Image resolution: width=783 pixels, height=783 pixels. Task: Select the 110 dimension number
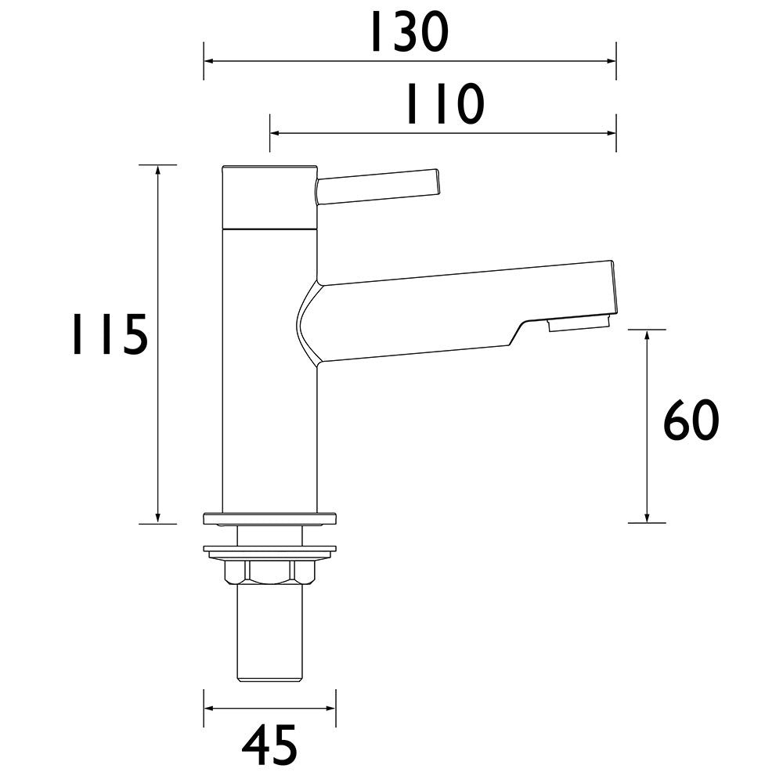(x=444, y=106)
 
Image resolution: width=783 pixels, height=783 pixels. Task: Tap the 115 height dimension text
(x=109, y=335)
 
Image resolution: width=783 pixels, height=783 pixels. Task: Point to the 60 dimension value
(x=691, y=422)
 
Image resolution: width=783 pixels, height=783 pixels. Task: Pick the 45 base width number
(x=269, y=745)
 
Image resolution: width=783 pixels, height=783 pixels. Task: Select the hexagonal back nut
(x=269, y=572)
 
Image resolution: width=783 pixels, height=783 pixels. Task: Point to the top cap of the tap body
(x=269, y=197)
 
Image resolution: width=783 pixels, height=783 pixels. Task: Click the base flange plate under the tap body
(x=269, y=518)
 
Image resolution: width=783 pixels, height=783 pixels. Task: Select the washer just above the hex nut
(x=269, y=550)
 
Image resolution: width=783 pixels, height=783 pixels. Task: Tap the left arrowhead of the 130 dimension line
(x=209, y=60)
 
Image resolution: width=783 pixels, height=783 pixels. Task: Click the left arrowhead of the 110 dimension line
(x=276, y=133)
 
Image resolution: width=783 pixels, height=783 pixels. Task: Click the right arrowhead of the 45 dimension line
(x=330, y=709)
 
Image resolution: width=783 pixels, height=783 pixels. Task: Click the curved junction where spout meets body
(x=307, y=322)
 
